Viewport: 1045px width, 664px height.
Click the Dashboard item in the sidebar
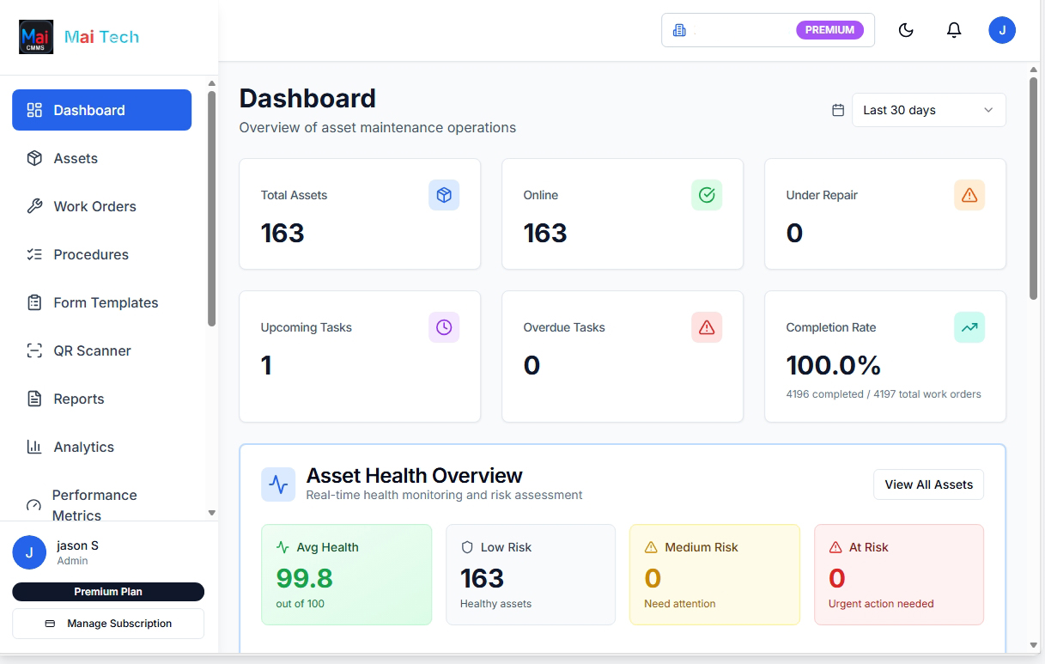[101, 110]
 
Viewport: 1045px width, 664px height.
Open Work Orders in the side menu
[94, 206]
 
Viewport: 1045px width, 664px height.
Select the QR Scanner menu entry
[92, 350]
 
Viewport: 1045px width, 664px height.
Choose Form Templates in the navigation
[106, 302]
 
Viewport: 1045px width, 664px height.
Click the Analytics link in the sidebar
[83, 447]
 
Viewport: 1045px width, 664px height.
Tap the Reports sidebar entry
[78, 399]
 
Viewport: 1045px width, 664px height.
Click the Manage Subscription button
[108, 624]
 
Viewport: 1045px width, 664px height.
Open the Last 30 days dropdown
[928, 110]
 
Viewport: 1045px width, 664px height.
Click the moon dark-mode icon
[906, 30]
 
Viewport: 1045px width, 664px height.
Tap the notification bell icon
[954, 30]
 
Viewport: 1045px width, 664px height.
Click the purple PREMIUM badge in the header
[829, 30]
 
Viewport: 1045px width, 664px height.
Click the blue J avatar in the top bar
[1002, 30]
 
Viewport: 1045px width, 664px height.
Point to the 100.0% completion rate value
[834, 365]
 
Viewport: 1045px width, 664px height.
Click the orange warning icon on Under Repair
[969, 195]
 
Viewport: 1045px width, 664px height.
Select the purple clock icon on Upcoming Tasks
[444, 327]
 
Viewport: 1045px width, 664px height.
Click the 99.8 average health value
[304, 578]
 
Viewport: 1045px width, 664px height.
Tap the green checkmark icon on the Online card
[707, 195]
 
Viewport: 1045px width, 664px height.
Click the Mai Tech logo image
[36, 37]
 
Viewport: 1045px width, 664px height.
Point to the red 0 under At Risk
[837, 578]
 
